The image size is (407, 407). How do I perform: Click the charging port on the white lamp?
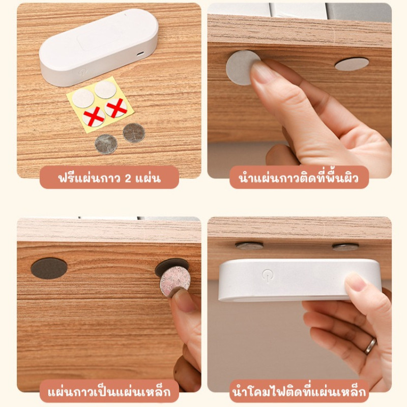tap(140, 54)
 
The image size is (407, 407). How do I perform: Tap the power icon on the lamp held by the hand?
tap(268, 275)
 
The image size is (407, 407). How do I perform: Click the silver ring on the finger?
tap(370, 346)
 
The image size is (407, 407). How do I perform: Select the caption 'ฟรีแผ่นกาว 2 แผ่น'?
tap(109, 178)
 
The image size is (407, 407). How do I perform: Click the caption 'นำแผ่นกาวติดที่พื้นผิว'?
tap(299, 178)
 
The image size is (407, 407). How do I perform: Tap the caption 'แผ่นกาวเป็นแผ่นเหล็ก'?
tap(109, 392)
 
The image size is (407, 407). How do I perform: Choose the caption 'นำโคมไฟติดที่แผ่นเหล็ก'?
tap(299, 392)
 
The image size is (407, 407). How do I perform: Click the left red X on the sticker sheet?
tap(94, 117)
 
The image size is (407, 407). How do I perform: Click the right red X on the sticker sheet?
tap(117, 107)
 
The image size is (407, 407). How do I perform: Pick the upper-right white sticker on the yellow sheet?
tap(105, 90)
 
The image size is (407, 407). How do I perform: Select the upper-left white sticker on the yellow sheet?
tap(83, 98)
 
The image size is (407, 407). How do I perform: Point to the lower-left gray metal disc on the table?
tap(106, 144)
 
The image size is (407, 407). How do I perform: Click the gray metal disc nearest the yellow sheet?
tap(134, 133)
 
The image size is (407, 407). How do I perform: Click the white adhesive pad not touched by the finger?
tap(352, 64)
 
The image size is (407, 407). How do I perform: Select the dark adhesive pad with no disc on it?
tap(49, 269)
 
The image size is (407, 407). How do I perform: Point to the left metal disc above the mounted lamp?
tap(249, 246)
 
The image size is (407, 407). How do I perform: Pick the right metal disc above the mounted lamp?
tap(345, 247)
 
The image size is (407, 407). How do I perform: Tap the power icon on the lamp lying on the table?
tap(83, 72)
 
